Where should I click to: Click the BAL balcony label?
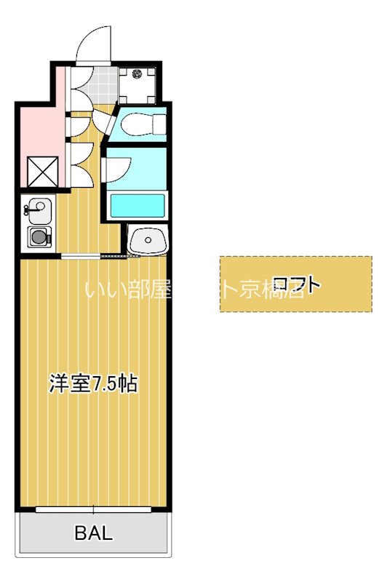(94, 533)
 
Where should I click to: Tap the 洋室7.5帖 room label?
(93, 384)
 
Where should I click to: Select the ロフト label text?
(295, 284)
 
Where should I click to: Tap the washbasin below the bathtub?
(148, 241)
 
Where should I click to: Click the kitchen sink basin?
(39, 212)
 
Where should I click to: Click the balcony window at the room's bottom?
(94, 508)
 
